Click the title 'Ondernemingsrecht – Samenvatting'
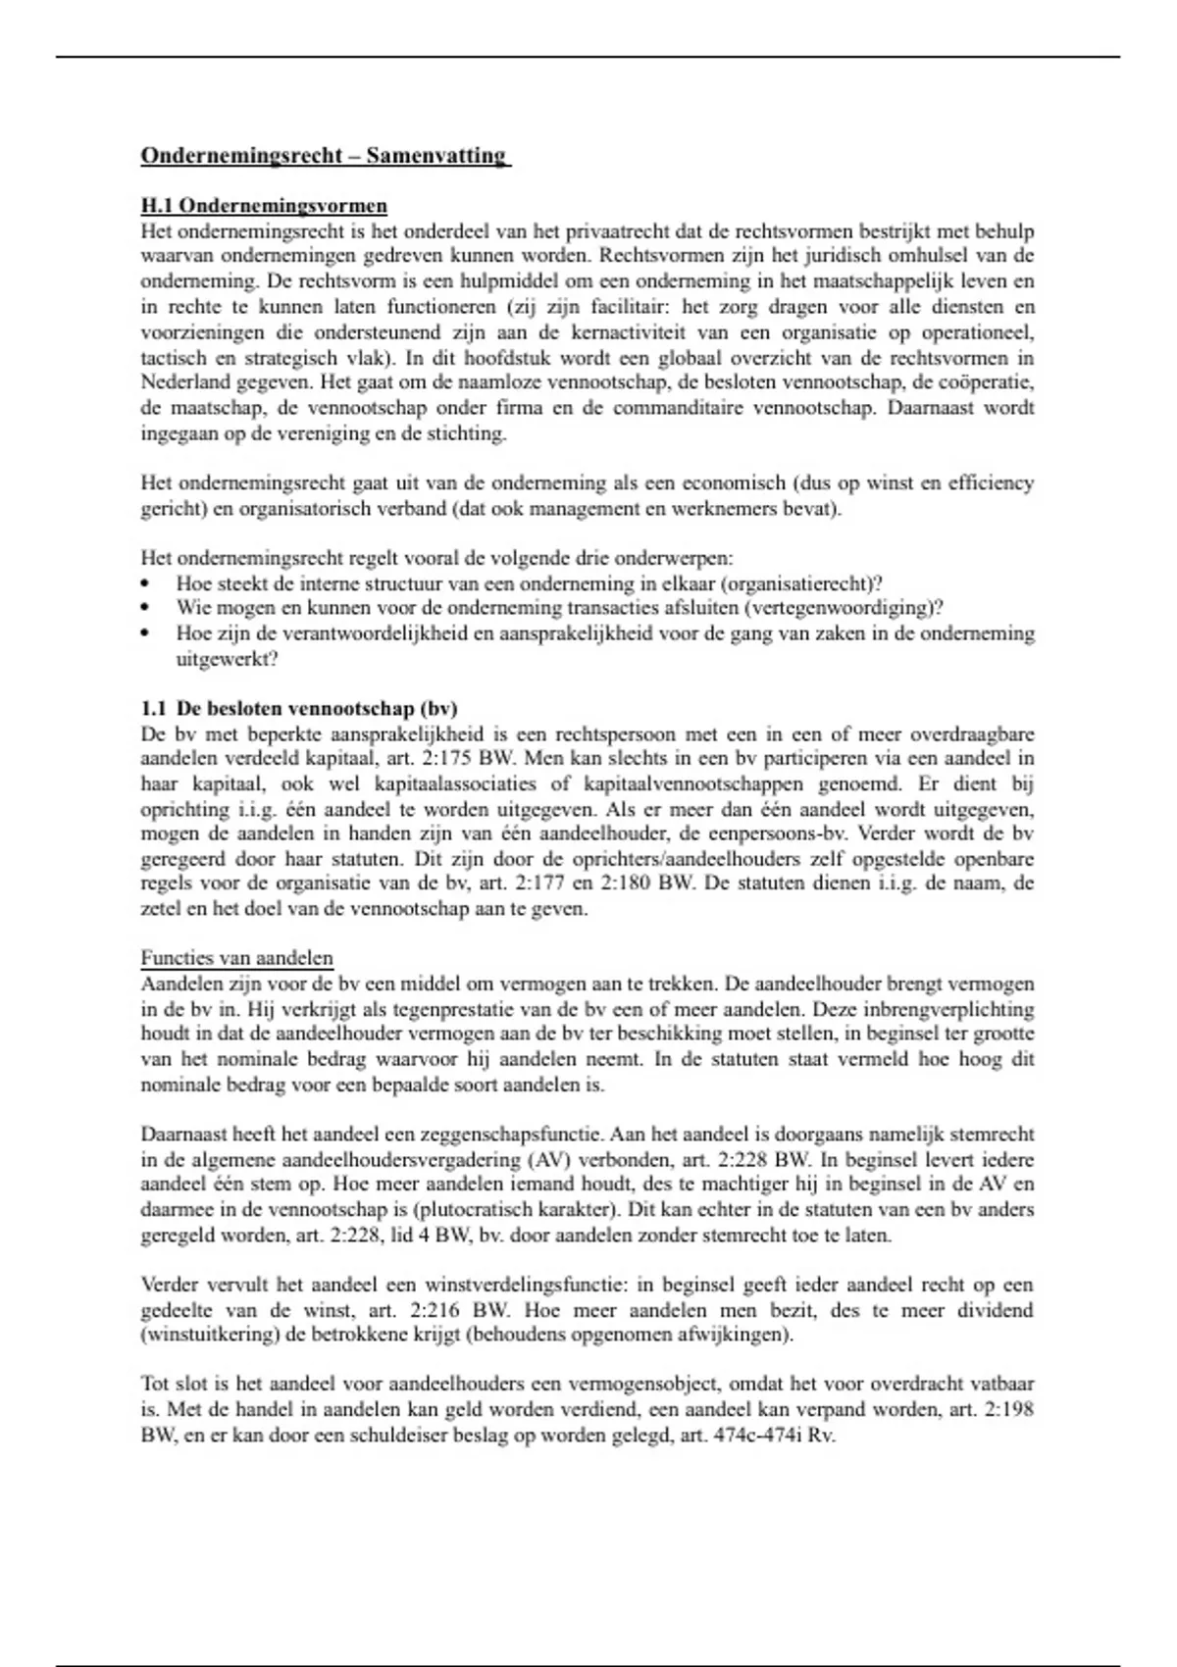pyautogui.click(x=325, y=156)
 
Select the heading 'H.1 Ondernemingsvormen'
pyautogui.click(x=264, y=206)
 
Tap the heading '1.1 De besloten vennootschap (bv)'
pyautogui.click(x=299, y=708)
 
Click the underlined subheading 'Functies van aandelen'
pyautogui.click(x=236, y=958)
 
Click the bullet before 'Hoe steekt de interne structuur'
pyautogui.click(x=145, y=583)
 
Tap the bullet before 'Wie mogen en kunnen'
pyautogui.click(x=145, y=608)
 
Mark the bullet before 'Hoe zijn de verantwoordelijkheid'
pyautogui.click(x=145, y=633)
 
